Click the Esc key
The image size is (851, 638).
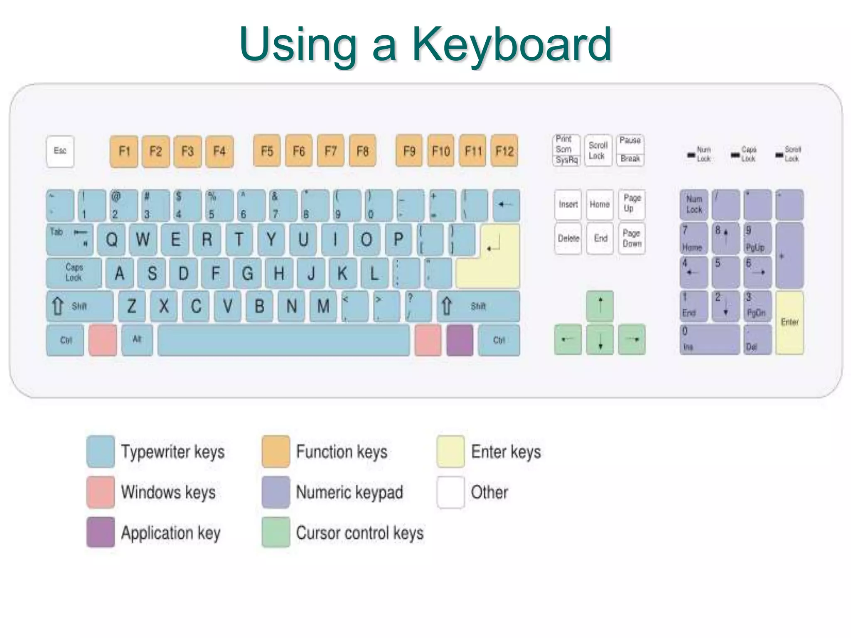tap(60, 151)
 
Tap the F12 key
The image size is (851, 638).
tap(504, 151)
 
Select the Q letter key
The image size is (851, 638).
tap(112, 240)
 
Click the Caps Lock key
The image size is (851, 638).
tap(74, 273)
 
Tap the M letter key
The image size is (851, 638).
tap(323, 307)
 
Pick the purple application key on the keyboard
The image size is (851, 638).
tap(460, 340)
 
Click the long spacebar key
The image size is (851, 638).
tap(284, 340)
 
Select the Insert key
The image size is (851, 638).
tap(568, 204)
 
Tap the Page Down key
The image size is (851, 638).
tap(632, 238)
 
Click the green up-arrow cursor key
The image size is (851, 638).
tap(600, 306)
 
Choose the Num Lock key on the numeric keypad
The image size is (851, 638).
tap(694, 204)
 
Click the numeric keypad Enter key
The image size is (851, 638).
tap(790, 322)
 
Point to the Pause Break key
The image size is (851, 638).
tap(630, 150)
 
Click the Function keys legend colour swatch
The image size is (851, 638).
tap(275, 452)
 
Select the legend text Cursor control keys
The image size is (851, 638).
tap(359, 533)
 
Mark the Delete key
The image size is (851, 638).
tap(568, 238)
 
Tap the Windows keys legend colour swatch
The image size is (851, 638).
tap(101, 492)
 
